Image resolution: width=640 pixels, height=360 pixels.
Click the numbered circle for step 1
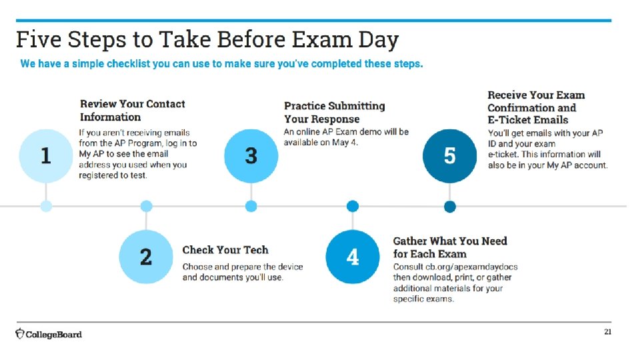[45, 156]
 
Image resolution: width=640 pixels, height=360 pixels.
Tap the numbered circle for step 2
[146, 257]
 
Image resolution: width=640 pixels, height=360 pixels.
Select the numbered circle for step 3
[251, 156]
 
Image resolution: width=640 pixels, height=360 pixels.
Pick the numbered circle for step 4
[353, 257]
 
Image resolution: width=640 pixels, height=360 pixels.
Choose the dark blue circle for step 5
[450, 156]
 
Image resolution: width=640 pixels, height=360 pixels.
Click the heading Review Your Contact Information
[132, 110]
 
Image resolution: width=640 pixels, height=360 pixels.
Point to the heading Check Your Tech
[225, 250]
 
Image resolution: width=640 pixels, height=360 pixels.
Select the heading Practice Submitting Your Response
[334, 112]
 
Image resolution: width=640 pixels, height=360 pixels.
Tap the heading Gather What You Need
[450, 247]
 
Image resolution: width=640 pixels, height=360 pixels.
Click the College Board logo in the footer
[49, 333]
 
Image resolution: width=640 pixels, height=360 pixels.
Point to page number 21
[607, 331]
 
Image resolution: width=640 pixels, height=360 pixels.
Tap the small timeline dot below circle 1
[45, 206]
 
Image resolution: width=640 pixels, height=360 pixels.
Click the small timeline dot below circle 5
[450, 206]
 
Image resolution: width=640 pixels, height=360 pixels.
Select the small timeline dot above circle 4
[353, 206]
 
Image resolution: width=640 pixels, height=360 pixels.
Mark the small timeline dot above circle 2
[146, 206]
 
